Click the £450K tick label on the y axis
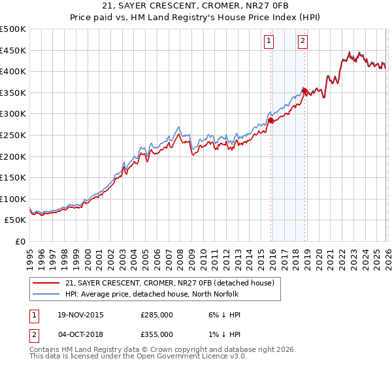(x=13, y=50)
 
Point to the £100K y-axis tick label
(x=13, y=199)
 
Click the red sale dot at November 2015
(x=270, y=120)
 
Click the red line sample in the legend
(x=45, y=283)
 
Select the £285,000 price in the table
(x=157, y=315)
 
